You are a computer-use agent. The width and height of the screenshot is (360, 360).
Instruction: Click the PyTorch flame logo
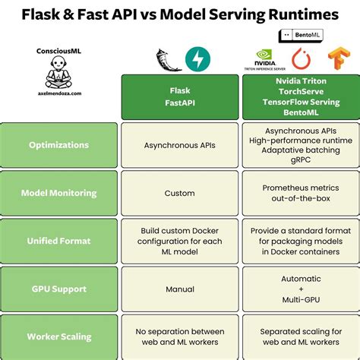(302, 58)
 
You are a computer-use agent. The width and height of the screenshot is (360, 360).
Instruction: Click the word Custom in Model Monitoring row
(179, 193)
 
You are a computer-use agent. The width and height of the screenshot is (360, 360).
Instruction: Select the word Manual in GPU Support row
(179, 289)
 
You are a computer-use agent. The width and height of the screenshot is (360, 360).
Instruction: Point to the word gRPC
(301, 161)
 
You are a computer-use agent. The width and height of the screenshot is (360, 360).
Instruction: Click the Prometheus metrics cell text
(301, 188)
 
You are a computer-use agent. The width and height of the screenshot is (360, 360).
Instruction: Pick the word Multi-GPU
(301, 300)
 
